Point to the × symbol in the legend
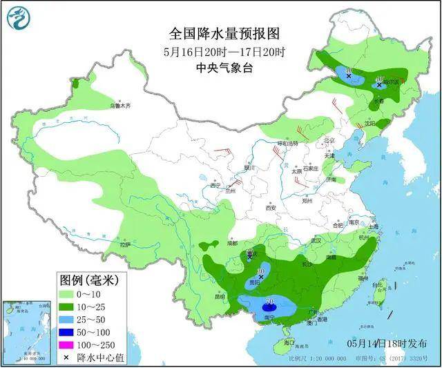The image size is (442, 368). [66, 358]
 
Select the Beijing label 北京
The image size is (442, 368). [329, 140]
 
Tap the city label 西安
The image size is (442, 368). [269, 207]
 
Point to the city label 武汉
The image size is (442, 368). [317, 240]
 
